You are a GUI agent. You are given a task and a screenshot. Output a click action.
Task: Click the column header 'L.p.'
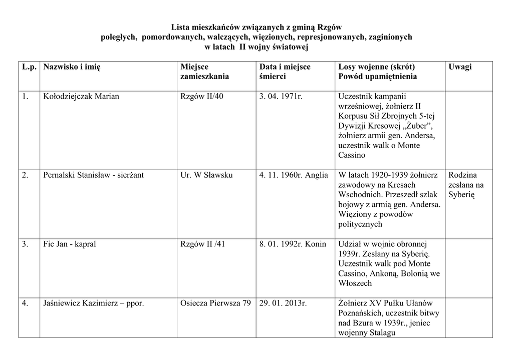(30, 67)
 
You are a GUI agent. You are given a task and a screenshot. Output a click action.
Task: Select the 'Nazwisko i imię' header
(72, 67)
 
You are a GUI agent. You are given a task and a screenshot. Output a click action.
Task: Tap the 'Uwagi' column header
(460, 67)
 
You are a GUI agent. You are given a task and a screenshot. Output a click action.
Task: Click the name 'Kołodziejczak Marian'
(81, 96)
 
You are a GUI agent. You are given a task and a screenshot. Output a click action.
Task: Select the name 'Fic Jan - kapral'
(70, 244)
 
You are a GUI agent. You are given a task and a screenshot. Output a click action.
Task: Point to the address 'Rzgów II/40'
(202, 96)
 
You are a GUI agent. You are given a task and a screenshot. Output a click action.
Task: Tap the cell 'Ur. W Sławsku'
(206, 175)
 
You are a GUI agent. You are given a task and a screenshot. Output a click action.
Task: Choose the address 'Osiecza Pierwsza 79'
(215, 303)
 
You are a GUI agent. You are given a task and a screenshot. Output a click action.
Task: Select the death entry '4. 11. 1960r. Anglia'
(294, 175)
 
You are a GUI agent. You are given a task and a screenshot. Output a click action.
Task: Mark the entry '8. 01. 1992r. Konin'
(293, 244)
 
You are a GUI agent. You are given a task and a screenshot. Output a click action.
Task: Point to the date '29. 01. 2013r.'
(283, 303)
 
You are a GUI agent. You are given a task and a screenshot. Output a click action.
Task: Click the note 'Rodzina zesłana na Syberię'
(466, 185)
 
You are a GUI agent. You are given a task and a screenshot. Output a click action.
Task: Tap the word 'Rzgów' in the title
(330, 27)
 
